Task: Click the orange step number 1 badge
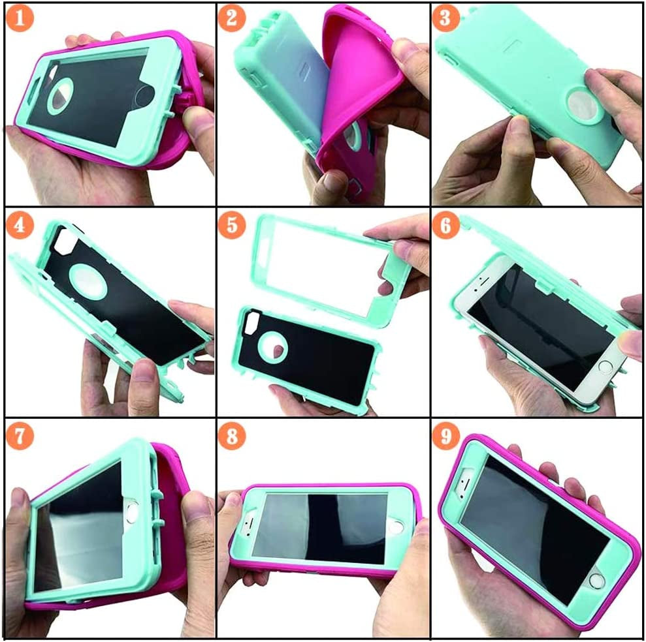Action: coord(20,18)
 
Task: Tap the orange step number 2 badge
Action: coord(231,18)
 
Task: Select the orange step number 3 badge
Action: coord(445,18)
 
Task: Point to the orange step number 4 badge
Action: coord(20,226)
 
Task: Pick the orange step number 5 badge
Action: coord(231,226)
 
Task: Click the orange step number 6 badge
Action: coord(445,226)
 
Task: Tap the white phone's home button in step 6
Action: coord(605,367)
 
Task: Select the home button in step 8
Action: coord(396,527)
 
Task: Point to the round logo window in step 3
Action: coord(583,106)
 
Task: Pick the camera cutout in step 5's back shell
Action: coord(251,322)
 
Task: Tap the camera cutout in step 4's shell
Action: coord(64,241)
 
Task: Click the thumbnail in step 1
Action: coord(199,121)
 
